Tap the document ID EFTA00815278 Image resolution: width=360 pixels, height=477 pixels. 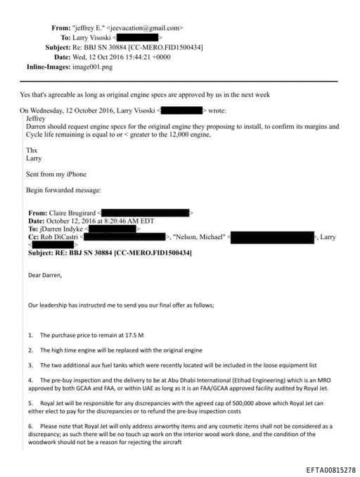coord(330,469)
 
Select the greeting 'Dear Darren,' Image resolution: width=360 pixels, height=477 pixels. coord(45,275)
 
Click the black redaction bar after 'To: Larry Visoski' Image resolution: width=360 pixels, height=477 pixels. coord(136,37)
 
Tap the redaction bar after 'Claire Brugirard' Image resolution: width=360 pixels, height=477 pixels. coord(146,212)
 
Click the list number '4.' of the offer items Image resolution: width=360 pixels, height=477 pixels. coord(31,380)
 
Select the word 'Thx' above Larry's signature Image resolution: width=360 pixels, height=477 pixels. coord(31,150)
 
